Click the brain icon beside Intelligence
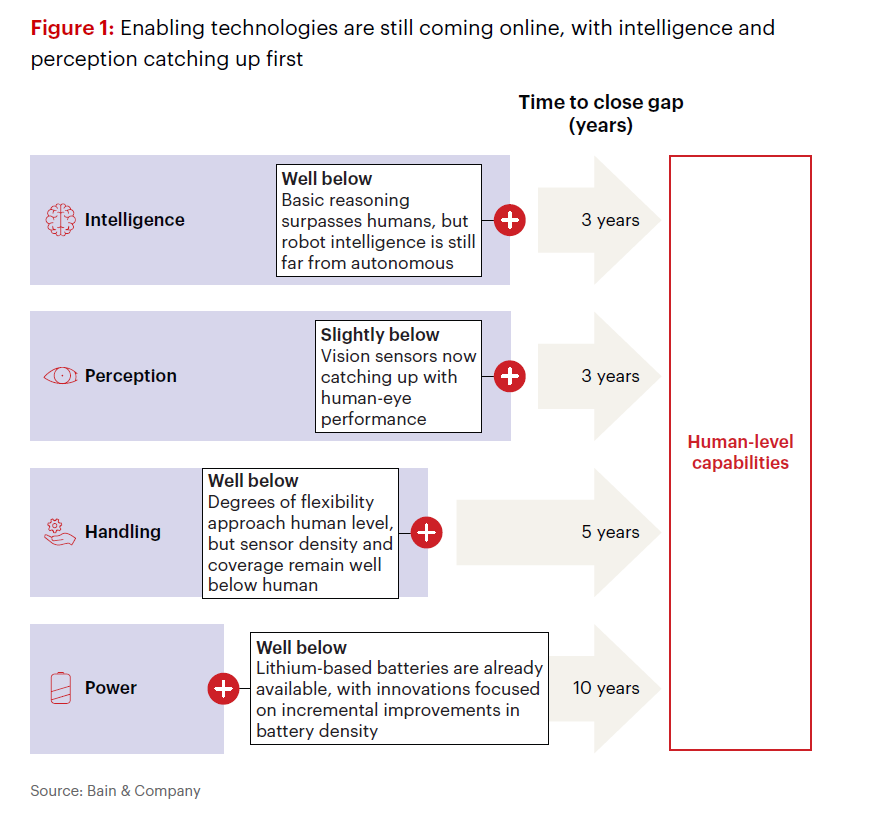coord(60,220)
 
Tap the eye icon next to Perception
coord(60,376)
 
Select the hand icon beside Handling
coord(59,532)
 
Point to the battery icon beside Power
coord(61,688)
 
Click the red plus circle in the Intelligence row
coord(510,220)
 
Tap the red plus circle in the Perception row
coord(510,376)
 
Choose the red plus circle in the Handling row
coord(427,532)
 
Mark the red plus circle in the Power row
coord(224,689)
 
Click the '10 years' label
coord(606,688)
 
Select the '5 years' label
coord(610,532)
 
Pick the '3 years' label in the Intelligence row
coord(610,220)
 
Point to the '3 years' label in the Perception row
coord(610,376)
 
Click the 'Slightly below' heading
coord(380,334)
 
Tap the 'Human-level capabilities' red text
coord(741,452)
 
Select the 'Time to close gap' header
coord(601,102)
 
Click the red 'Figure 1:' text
coord(73,28)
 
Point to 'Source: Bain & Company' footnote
coord(115,791)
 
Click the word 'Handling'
coord(122,531)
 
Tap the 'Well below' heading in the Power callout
coord(301,648)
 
